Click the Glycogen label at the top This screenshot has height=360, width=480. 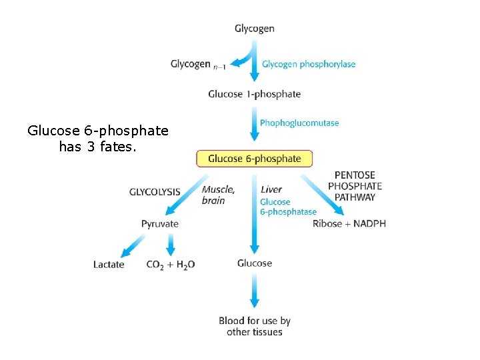[x=254, y=29]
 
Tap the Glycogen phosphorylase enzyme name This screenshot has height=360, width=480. [x=309, y=65]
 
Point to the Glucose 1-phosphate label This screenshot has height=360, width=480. [x=254, y=94]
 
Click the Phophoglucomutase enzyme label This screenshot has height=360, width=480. [x=299, y=123]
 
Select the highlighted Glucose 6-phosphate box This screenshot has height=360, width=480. [x=254, y=159]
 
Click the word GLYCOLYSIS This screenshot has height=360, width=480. [x=155, y=192]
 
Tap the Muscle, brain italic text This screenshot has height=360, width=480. [x=218, y=195]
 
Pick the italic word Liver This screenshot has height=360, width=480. [x=271, y=190]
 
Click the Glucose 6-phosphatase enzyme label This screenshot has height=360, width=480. [x=288, y=207]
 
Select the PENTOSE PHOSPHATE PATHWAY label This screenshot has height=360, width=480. [x=355, y=186]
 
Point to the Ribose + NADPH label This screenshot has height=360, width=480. [x=349, y=223]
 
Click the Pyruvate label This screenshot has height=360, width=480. [x=160, y=224]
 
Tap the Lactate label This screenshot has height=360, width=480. [x=109, y=265]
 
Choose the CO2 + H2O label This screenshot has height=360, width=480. [x=171, y=265]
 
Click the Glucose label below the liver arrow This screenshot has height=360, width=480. [x=255, y=263]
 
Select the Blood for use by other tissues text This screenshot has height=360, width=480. [x=255, y=326]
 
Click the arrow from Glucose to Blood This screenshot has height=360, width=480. [x=255, y=291]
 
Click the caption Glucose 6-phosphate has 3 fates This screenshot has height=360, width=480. [x=98, y=138]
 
